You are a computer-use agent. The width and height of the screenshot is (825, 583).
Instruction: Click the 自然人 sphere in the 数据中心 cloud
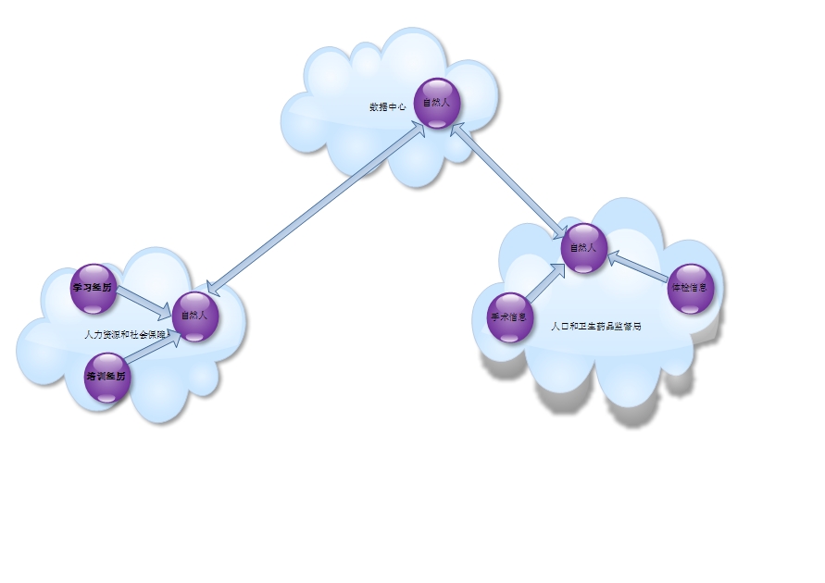point(436,102)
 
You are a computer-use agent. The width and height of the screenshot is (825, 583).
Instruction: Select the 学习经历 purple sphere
point(94,287)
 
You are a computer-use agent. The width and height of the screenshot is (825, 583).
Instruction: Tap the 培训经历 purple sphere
point(106,377)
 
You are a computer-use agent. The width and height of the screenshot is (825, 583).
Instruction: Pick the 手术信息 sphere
point(509,316)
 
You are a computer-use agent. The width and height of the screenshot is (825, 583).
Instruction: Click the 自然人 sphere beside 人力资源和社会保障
point(194,315)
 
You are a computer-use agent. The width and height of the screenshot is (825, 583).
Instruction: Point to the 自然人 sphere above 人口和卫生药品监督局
point(583,247)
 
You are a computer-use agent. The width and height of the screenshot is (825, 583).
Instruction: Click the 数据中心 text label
point(388,107)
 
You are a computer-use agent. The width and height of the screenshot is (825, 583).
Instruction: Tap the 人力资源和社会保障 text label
point(126,334)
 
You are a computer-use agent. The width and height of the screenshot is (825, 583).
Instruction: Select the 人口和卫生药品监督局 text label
point(596,327)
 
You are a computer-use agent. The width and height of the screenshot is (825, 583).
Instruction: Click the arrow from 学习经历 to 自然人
point(144,301)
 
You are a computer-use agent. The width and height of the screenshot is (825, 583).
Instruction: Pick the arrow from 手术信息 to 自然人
point(546,283)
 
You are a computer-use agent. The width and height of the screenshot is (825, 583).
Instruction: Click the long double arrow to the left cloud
point(315,208)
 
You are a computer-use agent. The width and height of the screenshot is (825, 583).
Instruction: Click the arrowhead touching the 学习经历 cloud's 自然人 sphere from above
point(212,287)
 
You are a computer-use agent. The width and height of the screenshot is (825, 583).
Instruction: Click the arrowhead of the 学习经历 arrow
point(166,310)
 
